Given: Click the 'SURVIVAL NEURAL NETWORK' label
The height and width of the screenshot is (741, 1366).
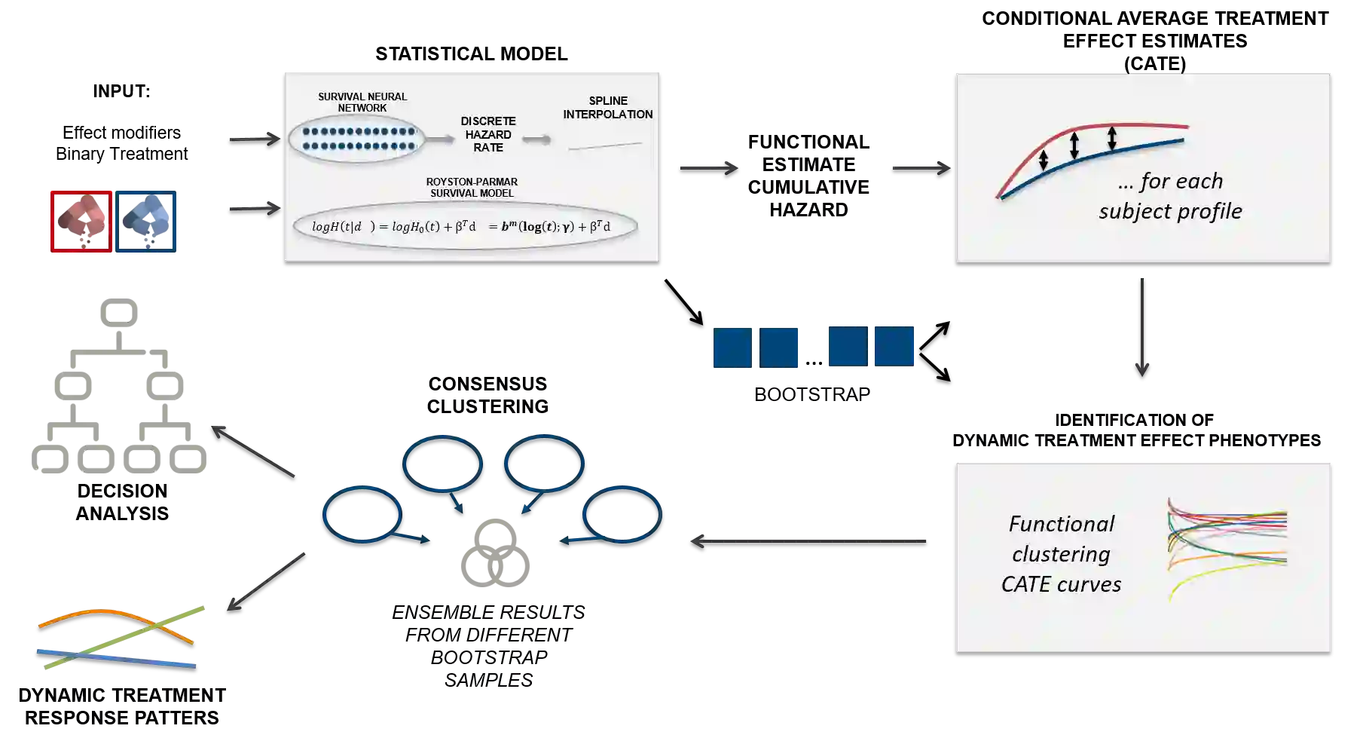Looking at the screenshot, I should point(362,102).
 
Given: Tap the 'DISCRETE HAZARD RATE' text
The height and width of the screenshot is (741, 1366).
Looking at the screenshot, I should point(488,134).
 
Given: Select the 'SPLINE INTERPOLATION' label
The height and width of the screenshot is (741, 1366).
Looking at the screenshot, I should point(607,107).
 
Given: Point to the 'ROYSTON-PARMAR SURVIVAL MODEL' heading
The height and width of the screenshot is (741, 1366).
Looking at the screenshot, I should point(472,187).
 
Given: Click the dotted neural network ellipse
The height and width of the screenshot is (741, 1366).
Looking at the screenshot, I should point(357,139).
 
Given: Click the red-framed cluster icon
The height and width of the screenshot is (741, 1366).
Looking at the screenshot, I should point(81,220).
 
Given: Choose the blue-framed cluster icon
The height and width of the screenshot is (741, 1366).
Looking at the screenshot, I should point(147,220).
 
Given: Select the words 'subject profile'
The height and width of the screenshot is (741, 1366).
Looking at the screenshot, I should point(1169,211).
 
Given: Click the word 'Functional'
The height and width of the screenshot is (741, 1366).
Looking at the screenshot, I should point(1061,524).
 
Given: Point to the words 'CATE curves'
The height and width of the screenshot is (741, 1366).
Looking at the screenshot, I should point(1061,584).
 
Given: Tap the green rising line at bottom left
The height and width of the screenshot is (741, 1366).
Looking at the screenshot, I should point(173,618).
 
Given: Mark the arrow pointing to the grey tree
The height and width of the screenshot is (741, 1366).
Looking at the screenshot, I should point(252,450).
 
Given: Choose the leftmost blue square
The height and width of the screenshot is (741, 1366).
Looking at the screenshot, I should point(732,347).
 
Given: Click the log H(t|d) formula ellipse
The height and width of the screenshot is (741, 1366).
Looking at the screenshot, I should point(465,226).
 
